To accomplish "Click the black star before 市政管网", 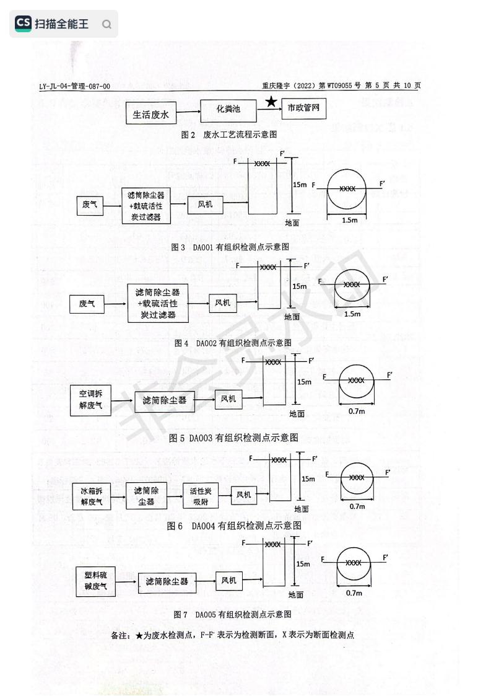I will tap(271, 102).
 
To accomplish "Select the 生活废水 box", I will tap(151, 115).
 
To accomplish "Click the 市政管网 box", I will tap(303, 108).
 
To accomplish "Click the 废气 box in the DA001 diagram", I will tap(90, 204).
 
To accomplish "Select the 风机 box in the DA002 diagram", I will tap(222, 302).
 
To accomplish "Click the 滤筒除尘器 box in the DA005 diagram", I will tap(167, 582).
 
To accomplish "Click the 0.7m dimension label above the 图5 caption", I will tap(357, 411).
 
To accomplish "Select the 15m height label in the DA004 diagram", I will tap(308, 478).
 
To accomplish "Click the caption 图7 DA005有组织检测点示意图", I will tap(233, 614).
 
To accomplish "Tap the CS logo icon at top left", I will tap(23, 24).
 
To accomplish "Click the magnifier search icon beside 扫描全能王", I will tap(106, 25).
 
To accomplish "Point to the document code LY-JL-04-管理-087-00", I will tap(74, 86).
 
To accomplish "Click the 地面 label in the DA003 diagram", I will tap(297, 413).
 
